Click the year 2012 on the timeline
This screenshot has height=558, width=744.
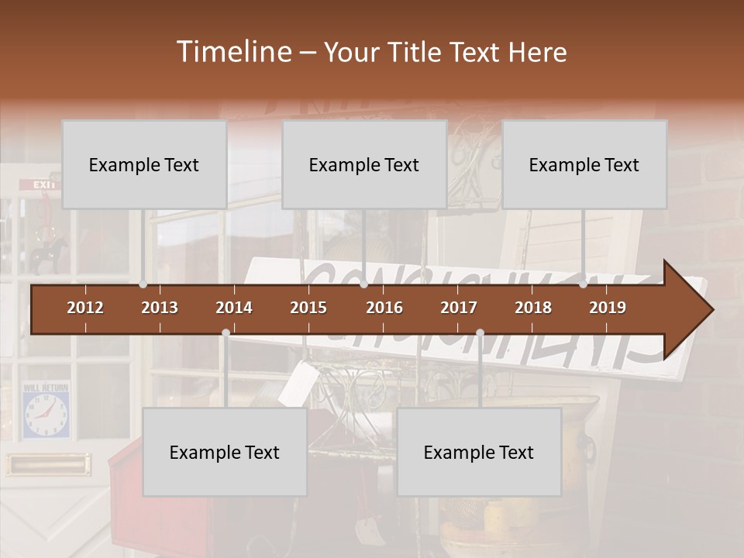coord(85,308)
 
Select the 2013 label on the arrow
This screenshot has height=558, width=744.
coord(160,308)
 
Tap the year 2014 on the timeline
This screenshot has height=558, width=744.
coord(234,308)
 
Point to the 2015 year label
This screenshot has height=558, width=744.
coord(308,308)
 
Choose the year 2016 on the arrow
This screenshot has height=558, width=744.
coord(384,308)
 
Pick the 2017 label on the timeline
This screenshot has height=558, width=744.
coord(459,308)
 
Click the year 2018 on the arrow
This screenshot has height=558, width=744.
coord(533,308)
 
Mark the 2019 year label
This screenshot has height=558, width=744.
coord(608,308)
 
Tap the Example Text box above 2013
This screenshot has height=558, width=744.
coord(144,164)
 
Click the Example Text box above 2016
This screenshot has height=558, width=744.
coord(364,164)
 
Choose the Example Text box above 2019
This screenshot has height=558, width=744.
coord(584,164)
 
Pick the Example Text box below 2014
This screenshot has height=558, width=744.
coord(225,452)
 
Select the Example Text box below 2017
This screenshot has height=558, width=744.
coord(479,452)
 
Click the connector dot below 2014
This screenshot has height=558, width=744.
coord(226,332)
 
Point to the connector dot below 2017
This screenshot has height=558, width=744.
coord(480,332)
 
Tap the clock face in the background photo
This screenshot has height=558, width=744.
coord(44,416)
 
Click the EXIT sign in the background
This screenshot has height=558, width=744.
coord(44,185)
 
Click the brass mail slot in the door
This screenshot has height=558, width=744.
coord(48,464)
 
